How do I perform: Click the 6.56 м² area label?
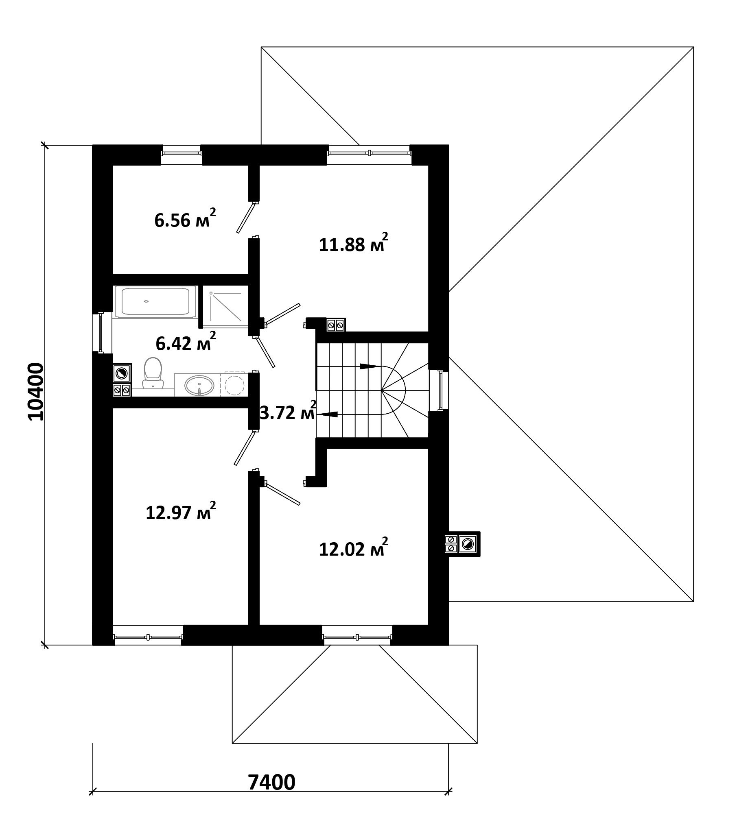point(185,218)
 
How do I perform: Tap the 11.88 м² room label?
point(354,243)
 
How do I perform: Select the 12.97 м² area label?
point(181,511)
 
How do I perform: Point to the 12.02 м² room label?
point(354,547)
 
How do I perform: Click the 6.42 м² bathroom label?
point(186,341)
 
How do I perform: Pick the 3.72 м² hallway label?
point(288,411)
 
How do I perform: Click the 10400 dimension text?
point(35,392)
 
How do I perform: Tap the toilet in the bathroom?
point(153,373)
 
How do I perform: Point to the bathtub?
point(155,302)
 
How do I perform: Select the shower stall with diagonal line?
point(225,307)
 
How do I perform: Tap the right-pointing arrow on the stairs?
point(370,366)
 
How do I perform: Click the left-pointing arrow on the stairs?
point(327,414)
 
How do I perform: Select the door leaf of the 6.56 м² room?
point(246,217)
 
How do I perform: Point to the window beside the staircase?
point(441,390)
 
